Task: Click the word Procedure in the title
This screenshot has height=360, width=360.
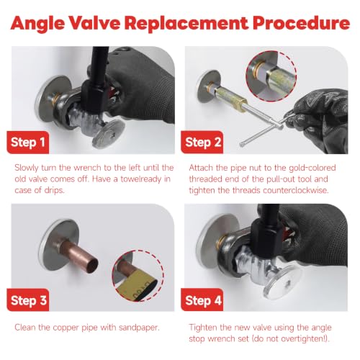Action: click(301, 23)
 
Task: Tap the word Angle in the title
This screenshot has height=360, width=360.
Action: click(37, 24)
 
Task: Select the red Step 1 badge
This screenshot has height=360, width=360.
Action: click(28, 143)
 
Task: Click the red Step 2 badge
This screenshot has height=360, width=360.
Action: click(202, 143)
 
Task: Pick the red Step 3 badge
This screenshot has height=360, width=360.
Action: click(28, 300)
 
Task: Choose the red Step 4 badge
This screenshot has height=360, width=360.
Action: click(202, 300)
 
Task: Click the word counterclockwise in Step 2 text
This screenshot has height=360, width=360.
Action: click(296, 190)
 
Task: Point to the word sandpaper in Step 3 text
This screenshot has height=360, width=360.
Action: click(139, 328)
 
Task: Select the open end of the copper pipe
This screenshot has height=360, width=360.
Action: click(92, 266)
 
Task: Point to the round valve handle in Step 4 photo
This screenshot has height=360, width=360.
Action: click(283, 282)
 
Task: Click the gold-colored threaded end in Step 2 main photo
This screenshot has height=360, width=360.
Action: click(240, 104)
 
